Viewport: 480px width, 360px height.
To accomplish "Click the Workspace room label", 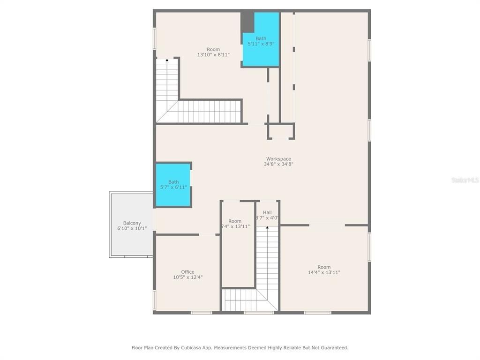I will pos(278,159).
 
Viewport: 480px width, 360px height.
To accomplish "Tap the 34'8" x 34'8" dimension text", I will pos(278,165).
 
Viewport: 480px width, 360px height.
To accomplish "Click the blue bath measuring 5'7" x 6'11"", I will pos(173,185).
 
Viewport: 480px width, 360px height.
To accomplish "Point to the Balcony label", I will pos(132,223).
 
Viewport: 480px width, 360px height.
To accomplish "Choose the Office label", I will pos(187,272).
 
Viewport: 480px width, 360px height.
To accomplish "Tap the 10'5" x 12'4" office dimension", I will pos(187,277).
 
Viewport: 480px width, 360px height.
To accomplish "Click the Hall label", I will pos(267,212).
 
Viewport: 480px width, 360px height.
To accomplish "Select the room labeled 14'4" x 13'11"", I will pos(324,270).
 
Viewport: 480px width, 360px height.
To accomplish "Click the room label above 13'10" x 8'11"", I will pos(213,49).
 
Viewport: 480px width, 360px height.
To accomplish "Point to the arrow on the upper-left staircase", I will pos(167,60).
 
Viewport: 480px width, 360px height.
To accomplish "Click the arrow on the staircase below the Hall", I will pos(267,228).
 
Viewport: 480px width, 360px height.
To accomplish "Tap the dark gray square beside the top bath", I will pos(247,22).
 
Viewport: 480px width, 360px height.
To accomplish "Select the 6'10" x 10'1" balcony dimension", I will pos(132,229).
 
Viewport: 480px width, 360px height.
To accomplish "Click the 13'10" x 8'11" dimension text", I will pos(213,55).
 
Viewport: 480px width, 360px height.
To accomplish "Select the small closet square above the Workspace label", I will pos(281,131).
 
